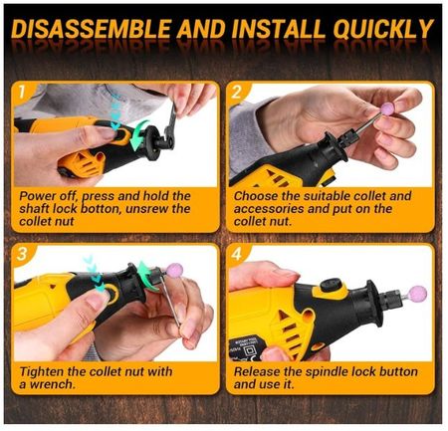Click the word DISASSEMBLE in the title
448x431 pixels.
tap(92, 29)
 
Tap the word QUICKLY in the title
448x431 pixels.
tap(383, 30)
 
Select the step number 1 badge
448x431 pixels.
tap(22, 92)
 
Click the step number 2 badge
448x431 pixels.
tap(236, 92)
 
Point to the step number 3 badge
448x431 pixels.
tap(22, 254)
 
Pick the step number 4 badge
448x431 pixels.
tap(236, 255)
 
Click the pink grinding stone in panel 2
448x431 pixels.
tap(387, 108)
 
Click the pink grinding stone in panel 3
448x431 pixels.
tap(174, 270)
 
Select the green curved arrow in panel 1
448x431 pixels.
tap(137, 136)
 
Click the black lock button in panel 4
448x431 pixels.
tap(330, 285)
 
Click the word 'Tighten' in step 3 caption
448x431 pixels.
tap(41, 372)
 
